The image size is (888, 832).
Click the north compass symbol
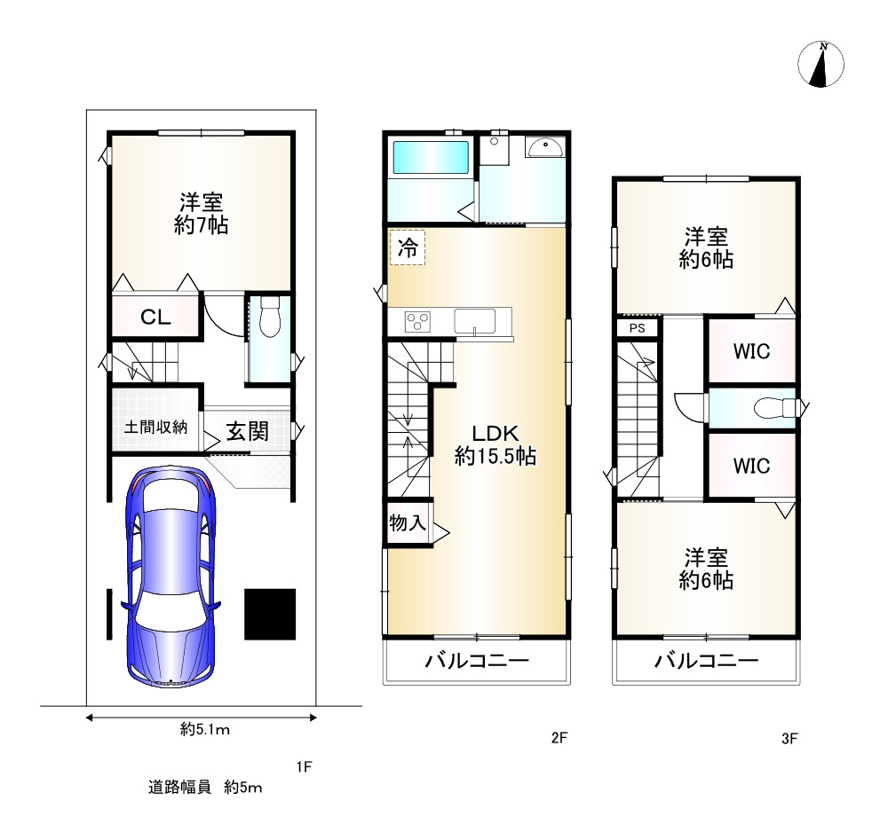coord(821,64)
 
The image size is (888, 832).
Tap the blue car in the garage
coord(170,577)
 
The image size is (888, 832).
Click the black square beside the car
coord(270,615)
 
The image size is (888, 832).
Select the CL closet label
coord(155,318)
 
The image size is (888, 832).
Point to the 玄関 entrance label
coord(248,432)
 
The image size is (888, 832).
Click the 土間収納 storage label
coord(155,427)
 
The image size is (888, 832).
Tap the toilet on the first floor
coord(270,316)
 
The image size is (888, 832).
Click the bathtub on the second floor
coord(431,157)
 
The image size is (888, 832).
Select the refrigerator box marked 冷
coord(408,247)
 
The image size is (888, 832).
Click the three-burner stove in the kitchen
coord(417,322)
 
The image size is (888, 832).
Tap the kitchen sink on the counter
coord(474,321)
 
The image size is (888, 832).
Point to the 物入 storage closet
coord(408,523)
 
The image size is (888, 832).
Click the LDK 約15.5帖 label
coord(496,444)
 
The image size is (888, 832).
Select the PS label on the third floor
coord(637,328)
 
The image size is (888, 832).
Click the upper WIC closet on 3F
coord(751,351)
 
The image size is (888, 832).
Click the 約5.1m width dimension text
coord(205,730)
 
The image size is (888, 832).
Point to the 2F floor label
coord(559,738)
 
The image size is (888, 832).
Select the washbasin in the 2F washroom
coord(543,147)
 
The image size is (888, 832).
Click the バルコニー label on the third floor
coord(706,660)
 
